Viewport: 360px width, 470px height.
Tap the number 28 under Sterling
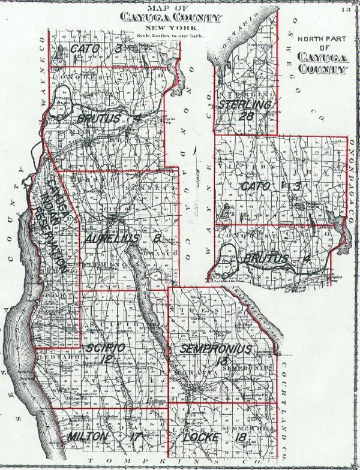click(x=245, y=116)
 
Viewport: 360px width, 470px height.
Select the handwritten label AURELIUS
click(x=112, y=239)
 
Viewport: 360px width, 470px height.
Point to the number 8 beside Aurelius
click(x=157, y=239)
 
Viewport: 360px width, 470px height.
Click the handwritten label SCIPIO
click(x=104, y=348)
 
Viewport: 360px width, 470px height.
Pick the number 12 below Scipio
click(x=107, y=359)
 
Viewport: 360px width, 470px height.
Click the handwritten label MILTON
click(x=88, y=436)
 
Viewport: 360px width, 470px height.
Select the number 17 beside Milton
click(x=134, y=436)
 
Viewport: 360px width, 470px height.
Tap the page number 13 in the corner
click(x=346, y=10)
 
